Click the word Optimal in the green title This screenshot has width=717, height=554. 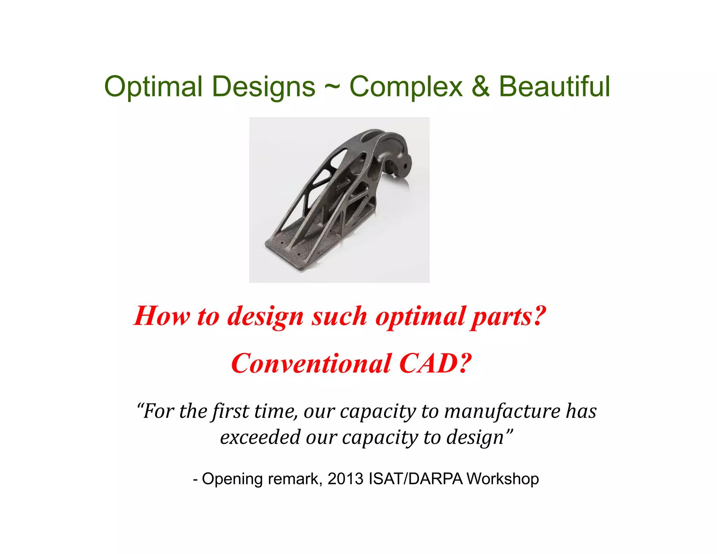click(153, 86)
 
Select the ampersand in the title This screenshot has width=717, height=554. click(480, 86)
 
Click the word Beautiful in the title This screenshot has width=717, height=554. click(555, 86)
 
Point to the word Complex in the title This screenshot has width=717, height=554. click(406, 86)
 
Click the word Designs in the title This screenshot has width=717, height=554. click(264, 86)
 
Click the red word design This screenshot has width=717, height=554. click(265, 316)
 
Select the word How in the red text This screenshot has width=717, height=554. click(162, 316)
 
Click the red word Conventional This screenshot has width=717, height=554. click(311, 363)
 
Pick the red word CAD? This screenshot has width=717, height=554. click(435, 363)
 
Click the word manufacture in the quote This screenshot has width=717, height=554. click(502, 411)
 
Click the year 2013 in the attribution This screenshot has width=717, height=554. click(346, 479)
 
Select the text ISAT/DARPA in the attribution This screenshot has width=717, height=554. click(416, 479)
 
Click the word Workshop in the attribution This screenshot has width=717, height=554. click(503, 479)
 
